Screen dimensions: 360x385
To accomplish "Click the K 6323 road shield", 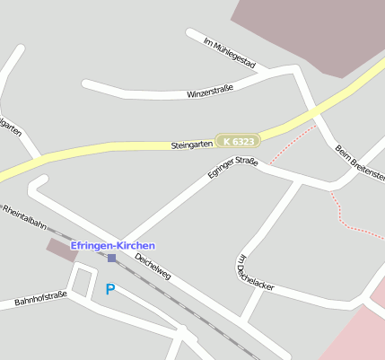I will point(239,141).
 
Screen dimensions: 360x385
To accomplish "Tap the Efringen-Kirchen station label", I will point(113,245).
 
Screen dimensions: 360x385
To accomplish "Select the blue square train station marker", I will point(111,258).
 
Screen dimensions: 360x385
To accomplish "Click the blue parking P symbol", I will point(110,289).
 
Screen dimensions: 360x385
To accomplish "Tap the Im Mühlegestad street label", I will point(230,54).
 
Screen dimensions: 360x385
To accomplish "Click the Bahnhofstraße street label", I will point(40,298).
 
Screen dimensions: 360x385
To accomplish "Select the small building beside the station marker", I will point(62,250).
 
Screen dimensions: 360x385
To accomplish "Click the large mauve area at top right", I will point(314,31).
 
